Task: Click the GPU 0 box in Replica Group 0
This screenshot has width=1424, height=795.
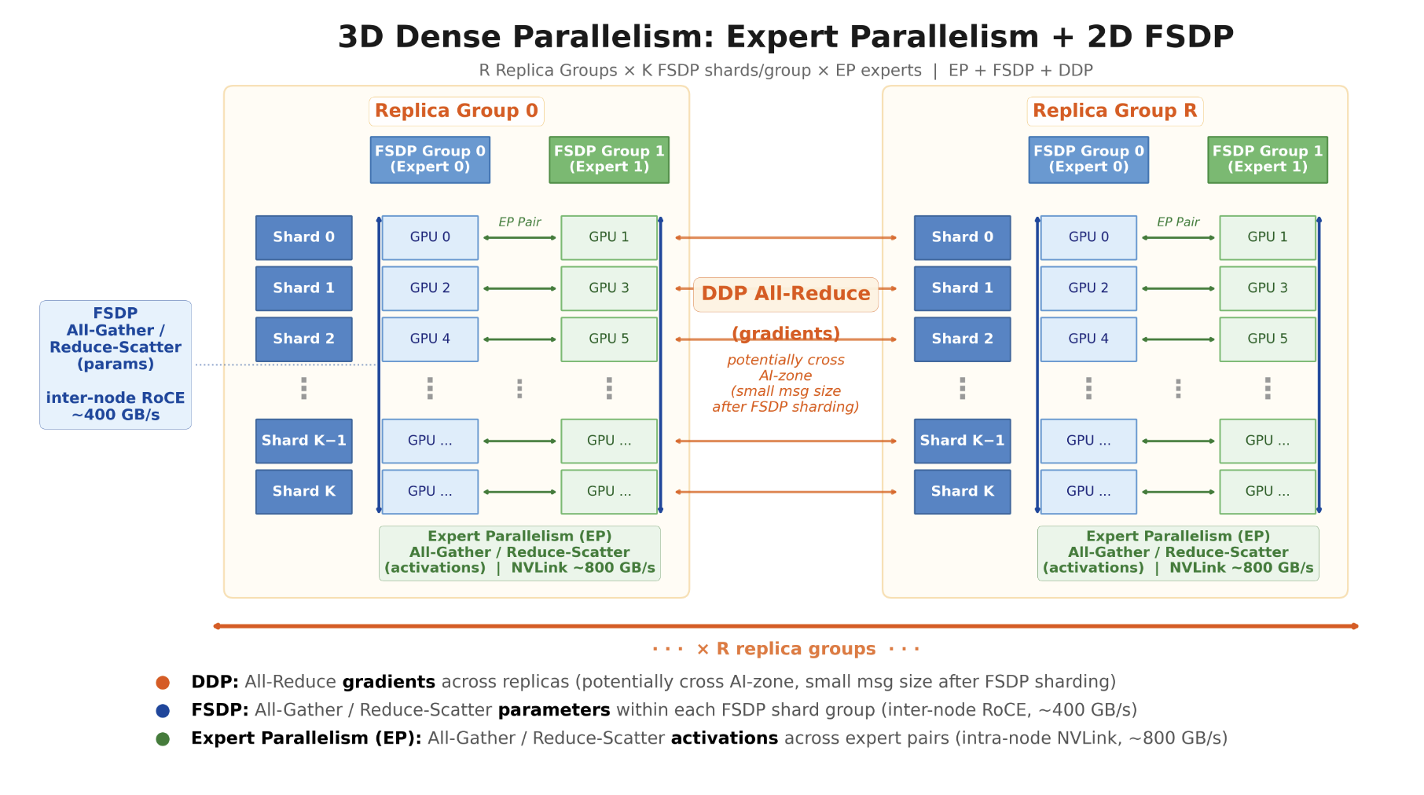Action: point(430,237)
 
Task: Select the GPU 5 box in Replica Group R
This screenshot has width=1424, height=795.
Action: point(1268,339)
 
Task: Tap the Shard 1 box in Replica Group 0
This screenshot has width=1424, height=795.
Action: point(304,288)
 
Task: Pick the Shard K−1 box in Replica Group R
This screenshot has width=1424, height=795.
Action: point(963,441)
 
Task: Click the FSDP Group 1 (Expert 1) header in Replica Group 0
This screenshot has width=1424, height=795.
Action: point(609,159)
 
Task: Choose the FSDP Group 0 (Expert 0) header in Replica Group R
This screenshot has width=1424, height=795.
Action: point(1088,159)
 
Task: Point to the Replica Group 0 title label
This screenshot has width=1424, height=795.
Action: point(457,111)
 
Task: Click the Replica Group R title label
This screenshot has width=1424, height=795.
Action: point(1115,111)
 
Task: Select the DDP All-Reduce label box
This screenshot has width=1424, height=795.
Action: point(786,295)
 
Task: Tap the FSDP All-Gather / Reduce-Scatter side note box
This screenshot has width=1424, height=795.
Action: point(116,365)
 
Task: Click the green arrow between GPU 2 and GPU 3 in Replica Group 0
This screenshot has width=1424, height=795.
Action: point(519,288)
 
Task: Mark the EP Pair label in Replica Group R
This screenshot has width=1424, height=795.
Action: point(1178,222)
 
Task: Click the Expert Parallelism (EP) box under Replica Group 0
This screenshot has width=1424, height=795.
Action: point(519,553)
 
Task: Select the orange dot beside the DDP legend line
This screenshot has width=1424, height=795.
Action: point(163,683)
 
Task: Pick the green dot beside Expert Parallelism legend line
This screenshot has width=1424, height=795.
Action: point(163,739)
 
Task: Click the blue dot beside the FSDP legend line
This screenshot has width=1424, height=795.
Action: point(163,711)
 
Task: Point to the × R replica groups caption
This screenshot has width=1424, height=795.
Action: point(786,649)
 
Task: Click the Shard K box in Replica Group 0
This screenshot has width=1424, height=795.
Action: point(304,492)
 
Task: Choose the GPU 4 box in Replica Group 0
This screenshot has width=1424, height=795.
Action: point(430,339)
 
